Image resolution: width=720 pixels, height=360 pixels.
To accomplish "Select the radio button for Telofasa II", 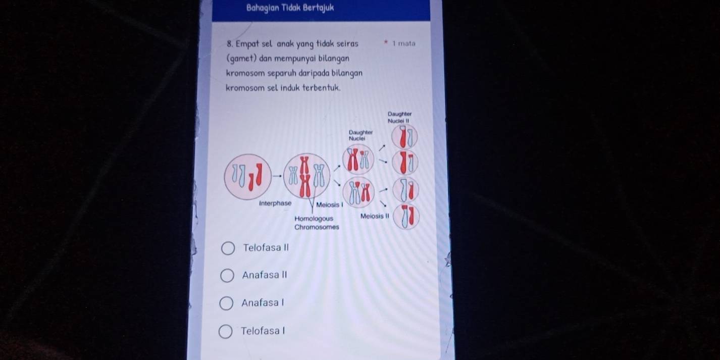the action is pyautogui.click(x=228, y=248).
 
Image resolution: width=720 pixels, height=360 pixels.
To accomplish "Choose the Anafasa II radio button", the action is pyautogui.click(x=227, y=276).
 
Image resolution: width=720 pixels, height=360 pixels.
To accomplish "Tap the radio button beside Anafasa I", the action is pyautogui.click(x=226, y=303).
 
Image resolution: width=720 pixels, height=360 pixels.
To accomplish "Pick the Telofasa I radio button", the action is pyautogui.click(x=225, y=331).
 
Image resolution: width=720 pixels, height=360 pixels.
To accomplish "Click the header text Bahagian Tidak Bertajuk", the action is pyautogui.click(x=290, y=8).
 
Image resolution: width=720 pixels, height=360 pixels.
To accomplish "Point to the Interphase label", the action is pyautogui.click(x=275, y=203).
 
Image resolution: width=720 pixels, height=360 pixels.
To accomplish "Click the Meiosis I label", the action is pyautogui.click(x=330, y=205).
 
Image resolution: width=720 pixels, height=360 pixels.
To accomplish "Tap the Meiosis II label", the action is pyautogui.click(x=375, y=216).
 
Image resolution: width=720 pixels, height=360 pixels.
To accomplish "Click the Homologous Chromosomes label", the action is pyautogui.click(x=317, y=223).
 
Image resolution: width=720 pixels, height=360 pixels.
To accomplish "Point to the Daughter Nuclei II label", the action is pyautogui.click(x=399, y=117).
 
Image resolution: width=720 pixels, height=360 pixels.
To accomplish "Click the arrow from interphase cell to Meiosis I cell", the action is pyautogui.click(x=277, y=176).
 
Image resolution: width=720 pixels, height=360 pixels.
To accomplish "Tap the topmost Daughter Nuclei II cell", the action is pyautogui.click(x=404, y=136).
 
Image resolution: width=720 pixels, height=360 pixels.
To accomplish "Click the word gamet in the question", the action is pyautogui.click(x=243, y=59).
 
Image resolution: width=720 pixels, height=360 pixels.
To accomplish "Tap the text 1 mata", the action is pyautogui.click(x=404, y=43).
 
